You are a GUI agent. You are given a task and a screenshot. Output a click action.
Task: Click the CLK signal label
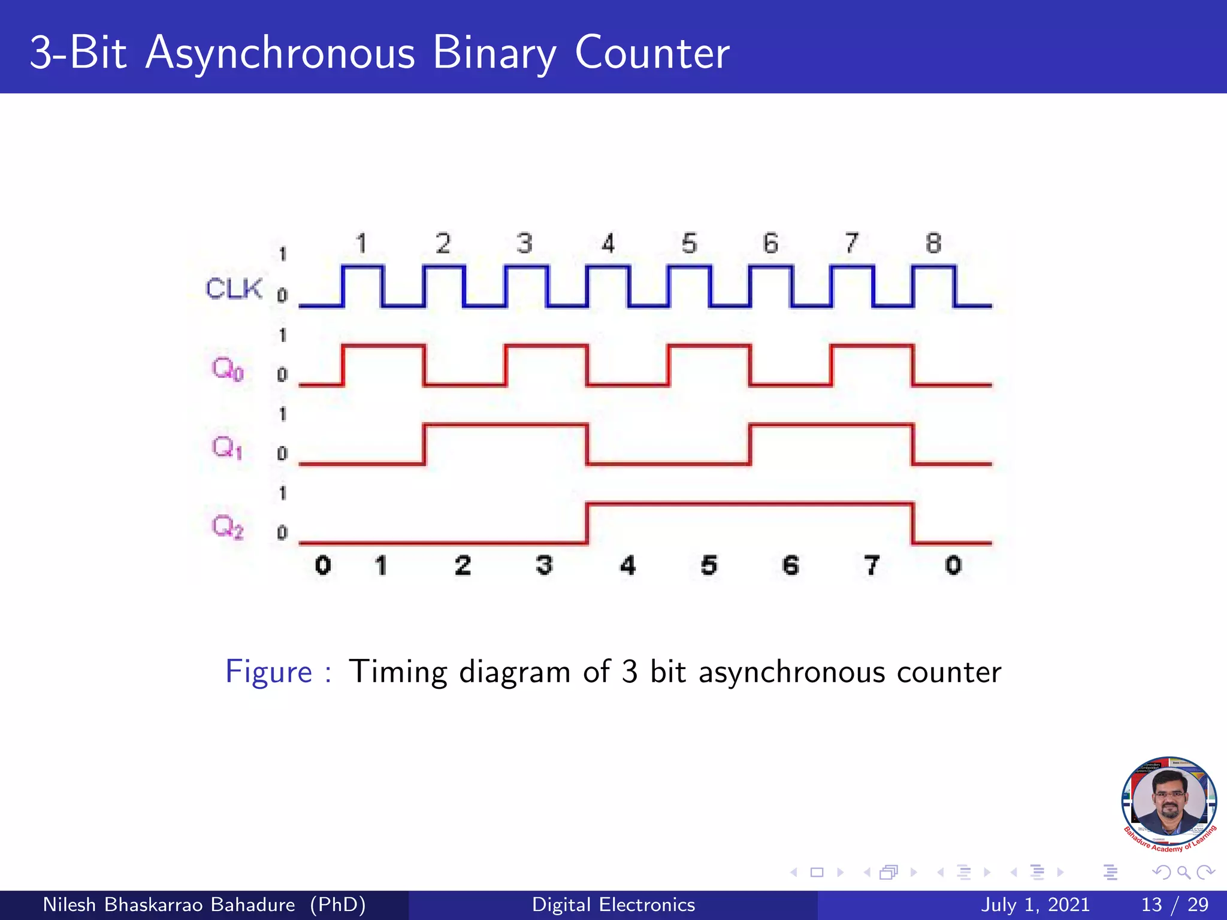(x=234, y=289)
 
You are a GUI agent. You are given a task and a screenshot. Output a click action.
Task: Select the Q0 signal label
(x=228, y=368)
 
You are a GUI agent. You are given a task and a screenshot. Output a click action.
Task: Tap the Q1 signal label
(x=227, y=447)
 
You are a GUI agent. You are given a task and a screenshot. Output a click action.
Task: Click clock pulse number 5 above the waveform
(x=690, y=244)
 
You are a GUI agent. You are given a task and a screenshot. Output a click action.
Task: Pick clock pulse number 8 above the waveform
(x=933, y=244)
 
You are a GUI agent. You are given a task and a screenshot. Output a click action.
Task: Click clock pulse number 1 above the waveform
(x=361, y=244)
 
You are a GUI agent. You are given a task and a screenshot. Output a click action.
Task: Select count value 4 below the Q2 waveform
(x=627, y=565)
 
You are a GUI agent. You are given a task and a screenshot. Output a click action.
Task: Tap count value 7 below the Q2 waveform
(x=872, y=565)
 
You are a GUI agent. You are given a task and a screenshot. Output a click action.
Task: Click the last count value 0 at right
(x=953, y=565)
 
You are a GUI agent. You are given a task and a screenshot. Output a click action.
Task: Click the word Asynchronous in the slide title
(x=280, y=53)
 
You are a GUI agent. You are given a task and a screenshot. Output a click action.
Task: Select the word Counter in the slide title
(x=652, y=53)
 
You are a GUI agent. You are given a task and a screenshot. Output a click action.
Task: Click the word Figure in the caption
(x=269, y=671)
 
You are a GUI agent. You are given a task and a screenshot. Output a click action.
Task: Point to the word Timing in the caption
(x=398, y=671)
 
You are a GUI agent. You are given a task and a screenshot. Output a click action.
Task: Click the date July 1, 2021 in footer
(x=1035, y=904)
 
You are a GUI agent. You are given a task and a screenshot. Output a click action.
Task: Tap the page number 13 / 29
(x=1174, y=904)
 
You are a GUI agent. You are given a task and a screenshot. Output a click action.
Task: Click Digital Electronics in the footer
(x=613, y=904)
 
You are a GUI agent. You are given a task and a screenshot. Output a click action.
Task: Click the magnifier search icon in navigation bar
(x=1183, y=872)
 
